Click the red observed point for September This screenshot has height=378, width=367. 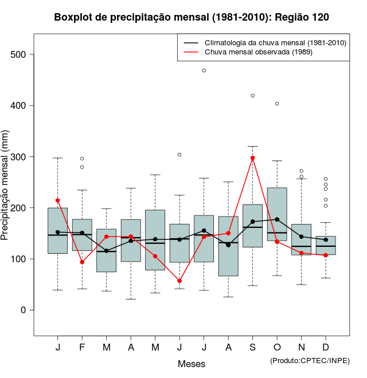click(x=252, y=158)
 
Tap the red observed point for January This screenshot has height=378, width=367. click(x=58, y=200)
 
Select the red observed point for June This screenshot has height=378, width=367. click(x=179, y=281)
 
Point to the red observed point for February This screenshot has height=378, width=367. click(x=82, y=262)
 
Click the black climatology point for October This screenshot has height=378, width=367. click(x=277, y=219)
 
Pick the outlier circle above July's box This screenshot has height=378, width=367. click(x=204, y=70)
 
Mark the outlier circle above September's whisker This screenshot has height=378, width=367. click(x=252, y=96)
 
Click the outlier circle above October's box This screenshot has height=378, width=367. click(x=277, y=104)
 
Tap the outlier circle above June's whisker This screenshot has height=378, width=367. click(x=179, y=155)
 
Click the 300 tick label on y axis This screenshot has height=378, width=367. click(x=21, y=157)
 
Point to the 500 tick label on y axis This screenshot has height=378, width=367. click(x=21, y=55)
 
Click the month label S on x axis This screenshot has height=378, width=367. click(x=252, y=348)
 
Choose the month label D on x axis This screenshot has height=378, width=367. click(x=326, y=348)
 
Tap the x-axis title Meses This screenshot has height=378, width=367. click(x=192, y=364)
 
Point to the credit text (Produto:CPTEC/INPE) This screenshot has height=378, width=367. click(x=310, y=360)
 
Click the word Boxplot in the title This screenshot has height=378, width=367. click(x=73, y=17)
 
